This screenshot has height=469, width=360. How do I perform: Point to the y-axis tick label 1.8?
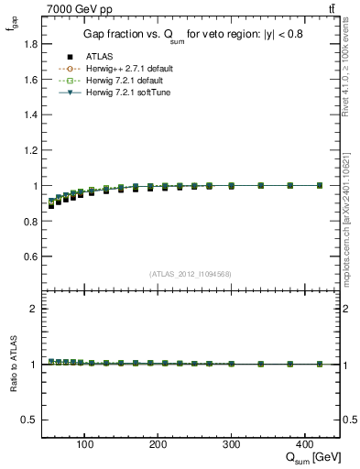pos(30,44)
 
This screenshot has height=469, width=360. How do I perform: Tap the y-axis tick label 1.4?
pos(30,115)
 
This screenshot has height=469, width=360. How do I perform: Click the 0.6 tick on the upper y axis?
pos(30,256)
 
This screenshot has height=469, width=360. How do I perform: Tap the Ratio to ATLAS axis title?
pos(12,364)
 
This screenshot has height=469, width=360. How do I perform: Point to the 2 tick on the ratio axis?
pos(34,309)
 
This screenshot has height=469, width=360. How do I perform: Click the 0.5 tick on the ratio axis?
pos(30,420)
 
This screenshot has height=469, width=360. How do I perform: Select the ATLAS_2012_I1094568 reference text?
pos(190,274)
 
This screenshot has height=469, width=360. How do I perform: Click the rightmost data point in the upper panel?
pos(320,185)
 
